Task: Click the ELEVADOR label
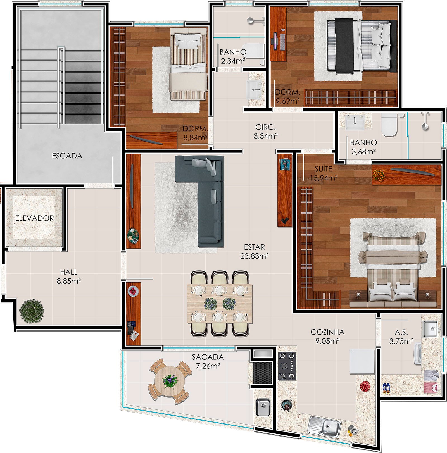tap(34, 218)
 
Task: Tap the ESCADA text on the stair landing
tap(67, 156)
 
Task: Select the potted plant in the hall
tap(32, 311)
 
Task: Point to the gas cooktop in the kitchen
tap(287, 366)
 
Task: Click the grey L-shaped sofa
tap(207, 195)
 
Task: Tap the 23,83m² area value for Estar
tap(255, 256)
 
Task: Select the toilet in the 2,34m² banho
tap(254, 51)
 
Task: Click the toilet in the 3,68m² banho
tap(389, 125)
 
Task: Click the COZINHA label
tap(327, 332)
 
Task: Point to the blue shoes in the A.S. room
tap(386, 388)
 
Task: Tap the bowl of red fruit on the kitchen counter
tap(365, 386)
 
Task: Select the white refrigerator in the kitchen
tap(362, 361)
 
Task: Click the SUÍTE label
tap(324, 169)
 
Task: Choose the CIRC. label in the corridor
tap(265, 127)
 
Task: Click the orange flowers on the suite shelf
tap(379, 175)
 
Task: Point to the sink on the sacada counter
tap(263, 407)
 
